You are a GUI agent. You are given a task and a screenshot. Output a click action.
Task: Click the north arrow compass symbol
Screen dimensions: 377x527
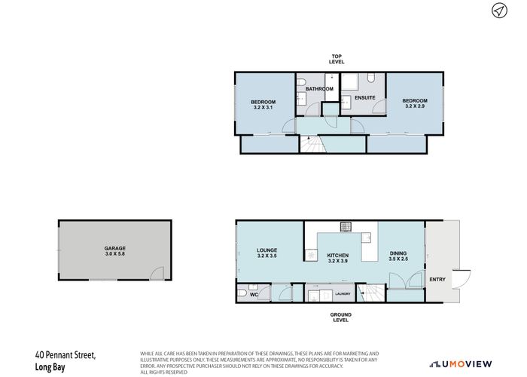pyautogui.click(x=498, y=11)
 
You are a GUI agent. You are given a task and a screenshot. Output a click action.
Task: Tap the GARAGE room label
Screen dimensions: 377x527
pyautogui.click(x=114, y=248)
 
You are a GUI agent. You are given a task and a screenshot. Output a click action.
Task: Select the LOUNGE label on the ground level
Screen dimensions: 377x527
pyautogui.click(x=267, y=250)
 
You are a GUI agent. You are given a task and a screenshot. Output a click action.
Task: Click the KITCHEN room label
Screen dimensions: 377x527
pyautogui.click(x=338, y=256)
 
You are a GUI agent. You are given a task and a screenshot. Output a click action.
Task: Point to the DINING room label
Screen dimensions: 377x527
pyautogui.click(x=398, y=253)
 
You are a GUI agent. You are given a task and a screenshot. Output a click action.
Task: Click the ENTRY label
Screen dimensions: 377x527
pyautogui.click(x=437, y=280)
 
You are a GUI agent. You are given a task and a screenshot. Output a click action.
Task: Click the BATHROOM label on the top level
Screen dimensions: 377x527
pyautogui.click(x=319, y=89)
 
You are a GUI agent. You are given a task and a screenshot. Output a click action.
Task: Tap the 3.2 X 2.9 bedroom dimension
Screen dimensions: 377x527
pyautogui.click(x=414, y=107)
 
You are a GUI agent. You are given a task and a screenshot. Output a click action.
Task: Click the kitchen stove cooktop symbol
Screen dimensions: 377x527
pyautogui.click(x=347, y=225)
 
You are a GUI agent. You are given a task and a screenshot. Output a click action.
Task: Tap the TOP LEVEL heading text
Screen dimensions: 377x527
pyautogui.click(x=337, y=58)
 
